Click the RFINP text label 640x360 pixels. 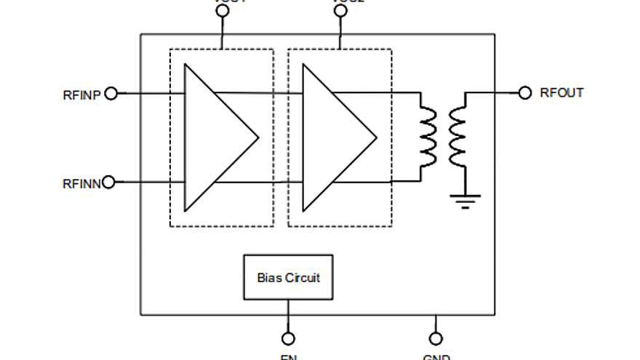(x=82, y=95)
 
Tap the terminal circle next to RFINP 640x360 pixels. (x=111, y=93)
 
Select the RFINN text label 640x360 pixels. (x=81, y=183)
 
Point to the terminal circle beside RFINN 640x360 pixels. (x=109, y=182)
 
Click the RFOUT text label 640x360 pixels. (x=561, y=93)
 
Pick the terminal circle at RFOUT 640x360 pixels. (x=525, y=92)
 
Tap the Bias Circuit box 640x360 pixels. (x=288, y=277)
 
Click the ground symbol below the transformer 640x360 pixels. (x=465, y=199)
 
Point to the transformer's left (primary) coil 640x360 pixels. (x=428, y=137)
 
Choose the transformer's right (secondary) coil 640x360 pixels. (x=458, y=137)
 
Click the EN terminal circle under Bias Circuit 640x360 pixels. (x=288, y=338)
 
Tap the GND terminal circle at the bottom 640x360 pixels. (x=436, y=338)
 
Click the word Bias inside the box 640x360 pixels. (x=269, y=277)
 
